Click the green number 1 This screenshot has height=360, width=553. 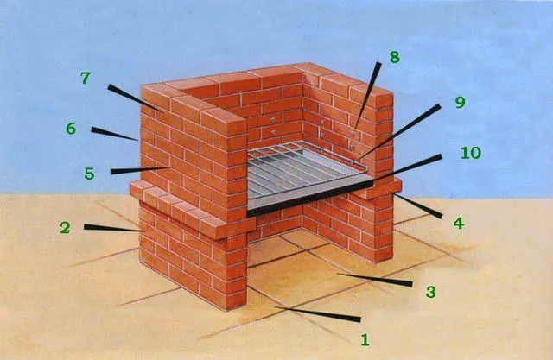pos(365,339)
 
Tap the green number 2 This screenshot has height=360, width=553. pos(65,228)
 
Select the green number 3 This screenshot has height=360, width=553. pos(430,292)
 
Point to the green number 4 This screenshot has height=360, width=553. pos(458,223)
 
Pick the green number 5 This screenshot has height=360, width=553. pos(89,174)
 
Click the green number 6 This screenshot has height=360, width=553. pos(71,129)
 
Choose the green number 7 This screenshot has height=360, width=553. pos(86,78)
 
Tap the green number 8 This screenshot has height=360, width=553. pos(394,57)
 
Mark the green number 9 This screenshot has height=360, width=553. pos(460,102)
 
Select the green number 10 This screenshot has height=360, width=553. pos(470,153)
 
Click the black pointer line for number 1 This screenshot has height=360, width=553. pos(317,313)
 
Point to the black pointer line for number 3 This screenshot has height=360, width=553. pos(374,279)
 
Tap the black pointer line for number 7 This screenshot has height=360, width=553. pos(136,98)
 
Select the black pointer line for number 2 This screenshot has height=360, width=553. pos(113,228)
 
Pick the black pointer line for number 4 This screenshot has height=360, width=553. pos(418,205)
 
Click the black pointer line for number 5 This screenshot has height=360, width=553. pos(140,170)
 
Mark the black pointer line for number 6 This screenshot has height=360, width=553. pos(115,134)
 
